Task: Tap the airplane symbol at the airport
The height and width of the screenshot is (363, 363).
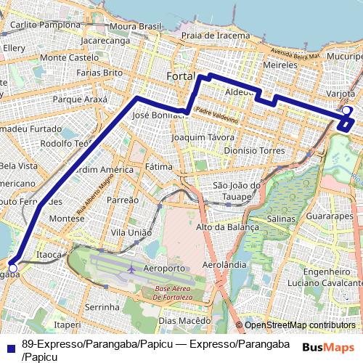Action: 131,269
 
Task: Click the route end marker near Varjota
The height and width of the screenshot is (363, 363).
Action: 346,111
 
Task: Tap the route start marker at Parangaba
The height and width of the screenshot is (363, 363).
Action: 12,268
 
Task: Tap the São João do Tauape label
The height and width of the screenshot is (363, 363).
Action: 237,190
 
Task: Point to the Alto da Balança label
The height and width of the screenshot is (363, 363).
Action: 228,227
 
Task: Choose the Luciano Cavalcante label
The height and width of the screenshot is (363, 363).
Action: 318,282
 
